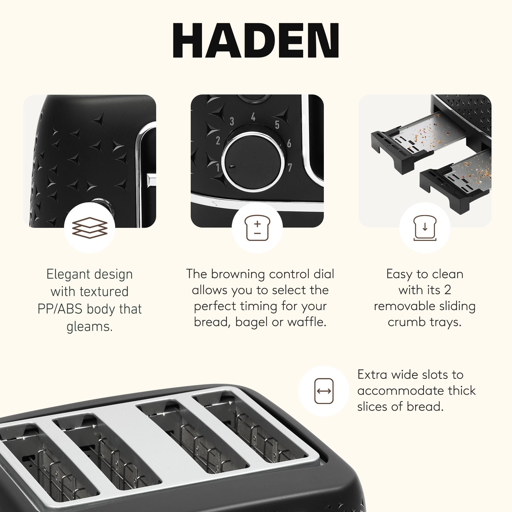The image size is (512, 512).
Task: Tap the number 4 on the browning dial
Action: click(x=253, y=117)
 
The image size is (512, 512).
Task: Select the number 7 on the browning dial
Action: click(x=290, y=167)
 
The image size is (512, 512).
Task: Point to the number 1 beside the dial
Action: click(x=218, y=167)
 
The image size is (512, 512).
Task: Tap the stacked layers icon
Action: click(x=90, y=227)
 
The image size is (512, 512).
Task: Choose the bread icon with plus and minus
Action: click(x=257, y=228)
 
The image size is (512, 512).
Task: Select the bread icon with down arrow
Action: click(x=425, y=228)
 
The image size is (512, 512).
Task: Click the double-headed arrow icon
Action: click(x=324, y=391)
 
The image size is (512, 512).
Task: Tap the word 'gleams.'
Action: click(x=90, y=326)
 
